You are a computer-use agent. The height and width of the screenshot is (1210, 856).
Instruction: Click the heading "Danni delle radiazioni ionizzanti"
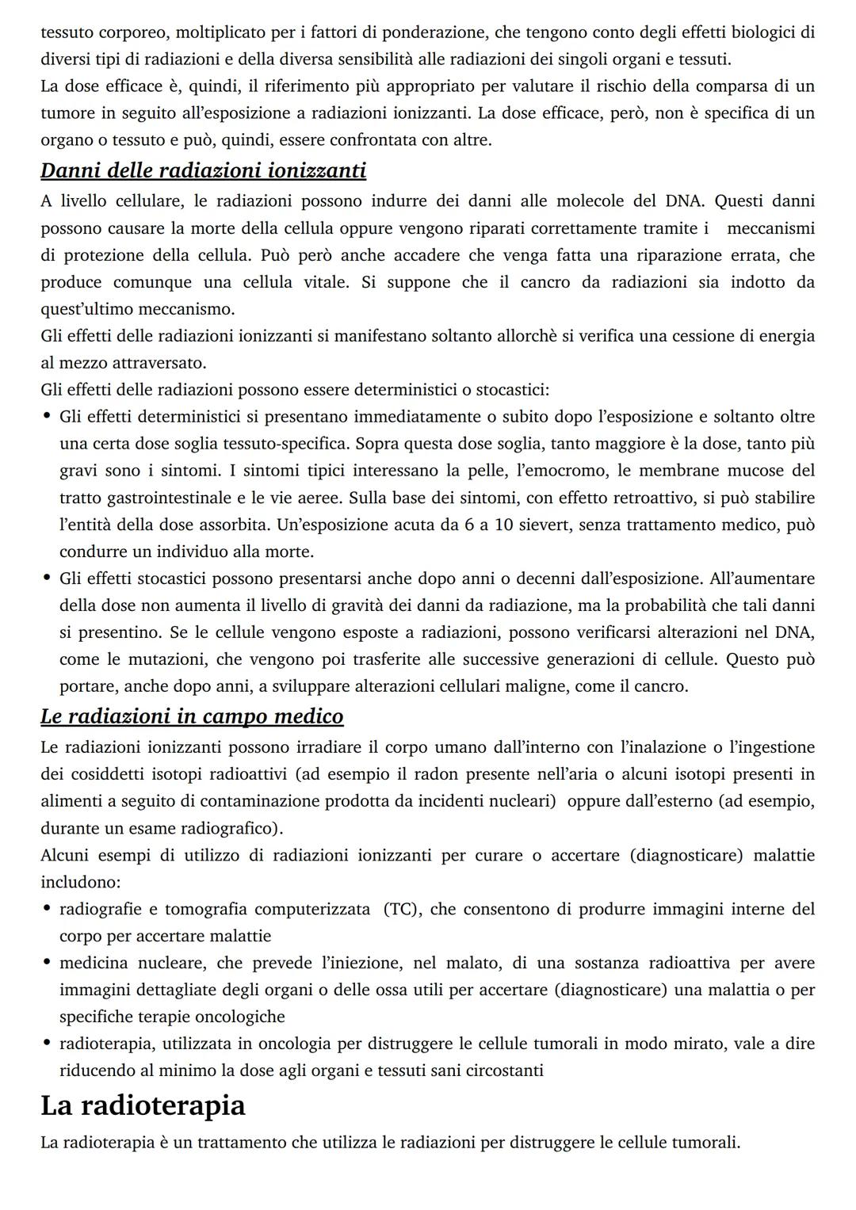click(x=203, y=170)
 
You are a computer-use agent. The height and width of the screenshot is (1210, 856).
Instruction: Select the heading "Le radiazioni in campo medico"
click(x=192, y=716)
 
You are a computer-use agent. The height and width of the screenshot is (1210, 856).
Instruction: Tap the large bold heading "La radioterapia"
click(x=143, y=1105)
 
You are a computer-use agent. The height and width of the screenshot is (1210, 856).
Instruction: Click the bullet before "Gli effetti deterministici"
click(x=48, y=417)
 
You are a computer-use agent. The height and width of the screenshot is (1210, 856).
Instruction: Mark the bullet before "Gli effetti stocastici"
click(x=48, y=578)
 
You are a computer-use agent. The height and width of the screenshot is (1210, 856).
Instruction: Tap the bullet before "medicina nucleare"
click(x=48, y=963)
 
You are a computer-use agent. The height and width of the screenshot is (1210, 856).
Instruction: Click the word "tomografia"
click(x=206, y=909)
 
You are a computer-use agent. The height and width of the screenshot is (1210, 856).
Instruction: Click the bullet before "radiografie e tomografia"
click(x=48, y=909)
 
